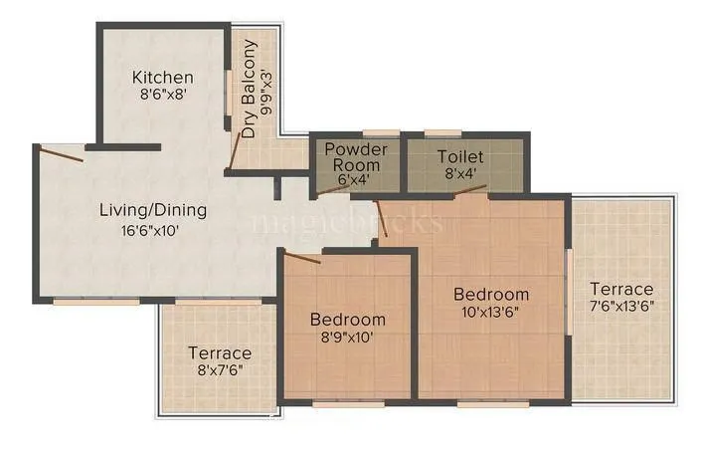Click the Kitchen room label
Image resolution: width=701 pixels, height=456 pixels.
coord(163,78)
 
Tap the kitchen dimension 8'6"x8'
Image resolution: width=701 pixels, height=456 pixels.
coord(163,97)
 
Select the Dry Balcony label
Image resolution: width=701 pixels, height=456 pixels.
coord(250,90)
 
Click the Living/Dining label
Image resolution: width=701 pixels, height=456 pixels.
coord(152,210)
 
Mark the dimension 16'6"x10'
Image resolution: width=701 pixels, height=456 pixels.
coord(152,230)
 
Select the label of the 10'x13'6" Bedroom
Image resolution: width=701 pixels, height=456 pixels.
coord(491,294)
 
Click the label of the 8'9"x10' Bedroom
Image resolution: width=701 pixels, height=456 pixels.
coord(347,320)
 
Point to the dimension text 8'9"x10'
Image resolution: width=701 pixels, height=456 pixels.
coord(347,338)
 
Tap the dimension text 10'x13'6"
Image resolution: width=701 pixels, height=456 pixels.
coord(491,312)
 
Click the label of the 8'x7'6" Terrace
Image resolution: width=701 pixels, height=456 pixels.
coord(219,352)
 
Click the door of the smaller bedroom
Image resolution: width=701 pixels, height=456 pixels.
coord(302,258)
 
